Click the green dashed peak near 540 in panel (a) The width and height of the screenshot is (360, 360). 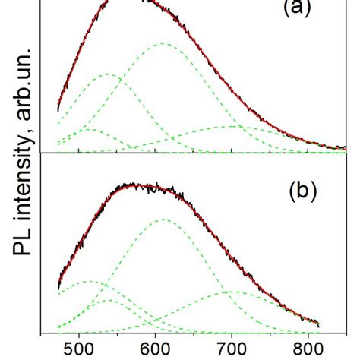click(x=107, y=74)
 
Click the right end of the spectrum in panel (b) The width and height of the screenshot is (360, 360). click(x=317, y=324)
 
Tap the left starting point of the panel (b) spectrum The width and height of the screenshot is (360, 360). click(x=58, y=289)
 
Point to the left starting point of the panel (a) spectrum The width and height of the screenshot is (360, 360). click(x=58, y=111)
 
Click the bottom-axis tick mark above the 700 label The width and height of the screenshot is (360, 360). click(x=232, y=331)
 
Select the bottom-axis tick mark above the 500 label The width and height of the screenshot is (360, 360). click(x=79, y=331)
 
